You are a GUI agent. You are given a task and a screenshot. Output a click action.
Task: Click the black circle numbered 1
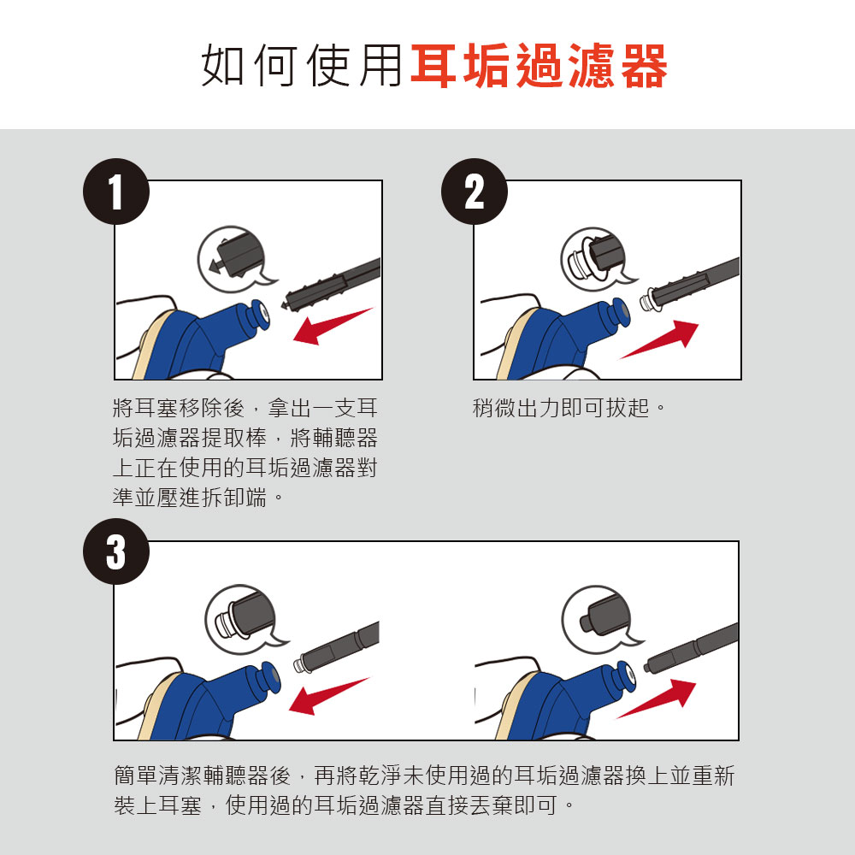pyautogui.click(x=116, y=192)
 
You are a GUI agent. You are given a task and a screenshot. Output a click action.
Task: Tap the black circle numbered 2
pyautogui.click(x=475, y=192)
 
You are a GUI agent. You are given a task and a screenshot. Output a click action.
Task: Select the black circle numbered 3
pyautogui.click(x=116, y=551)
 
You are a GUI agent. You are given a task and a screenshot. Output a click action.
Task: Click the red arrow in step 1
pyautogui.click(x=333, y=326)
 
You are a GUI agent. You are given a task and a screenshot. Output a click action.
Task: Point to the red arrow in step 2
pyautogui.click(x=658, y=339)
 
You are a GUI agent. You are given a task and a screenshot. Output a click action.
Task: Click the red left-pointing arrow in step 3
pyautogui.click(x=329, y=696)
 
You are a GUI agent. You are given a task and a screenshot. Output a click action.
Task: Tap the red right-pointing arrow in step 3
pyautogui.click(x=657, y=699)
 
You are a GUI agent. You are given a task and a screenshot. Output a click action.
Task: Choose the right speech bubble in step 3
pyautogui.click(x=600, y=620)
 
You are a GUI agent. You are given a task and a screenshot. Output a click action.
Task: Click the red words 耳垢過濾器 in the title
pyautogui.click(x=539, y=66)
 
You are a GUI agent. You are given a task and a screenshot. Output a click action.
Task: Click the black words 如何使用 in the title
pyautogui.click(x=302, y=66)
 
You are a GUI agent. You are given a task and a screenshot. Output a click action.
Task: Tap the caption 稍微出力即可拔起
pyautogui.click(x=569, y=407)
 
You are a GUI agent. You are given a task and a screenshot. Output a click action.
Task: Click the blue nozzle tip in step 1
pyautogui.click(x=257, y=315)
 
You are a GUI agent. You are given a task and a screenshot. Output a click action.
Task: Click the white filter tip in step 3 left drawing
pyautogui.click(x=298, y=665)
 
